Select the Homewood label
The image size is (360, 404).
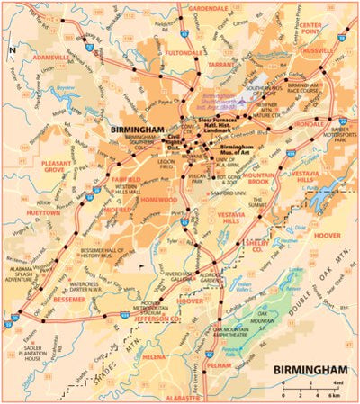[x=159, y=200]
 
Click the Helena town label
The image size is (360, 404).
[x=153, y=356]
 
